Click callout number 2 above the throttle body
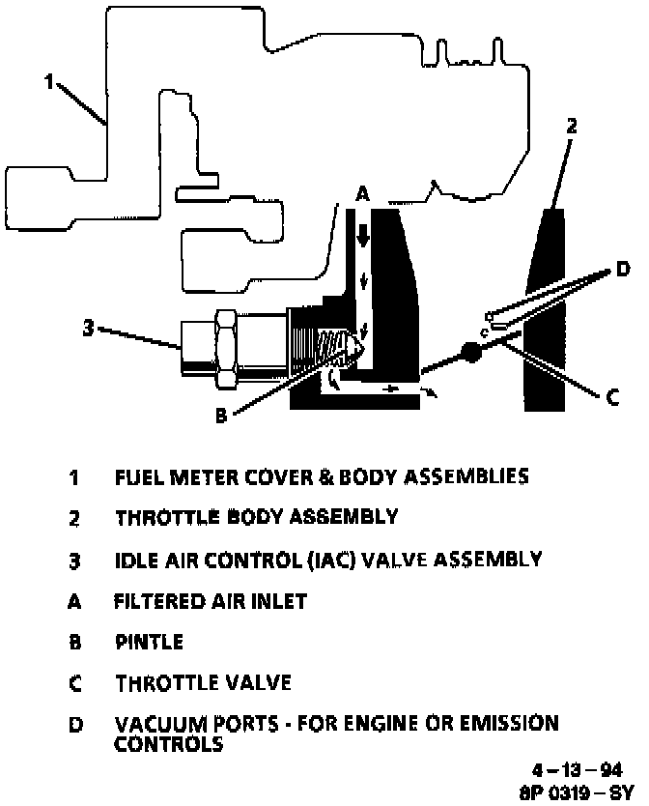pyautogui.click(x=572, y=126)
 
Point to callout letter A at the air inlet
pyautogui.click(x=361, y=194)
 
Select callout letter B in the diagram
pyautogui.click(x=220, y=417)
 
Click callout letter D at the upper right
pyautogui.click(x=622, y=269)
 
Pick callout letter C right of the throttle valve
pyautogui.click(x=612, y=397)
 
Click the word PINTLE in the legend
pyautogui.click(x=149, y=642)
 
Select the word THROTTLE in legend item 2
pyautogui.click(x=160, y=517)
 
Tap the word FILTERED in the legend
pyautogui.click(x=157, y=600)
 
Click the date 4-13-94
pyautogui.click(x=578, y=770)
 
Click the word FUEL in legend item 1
pyautogui.click(x=135, y=476)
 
